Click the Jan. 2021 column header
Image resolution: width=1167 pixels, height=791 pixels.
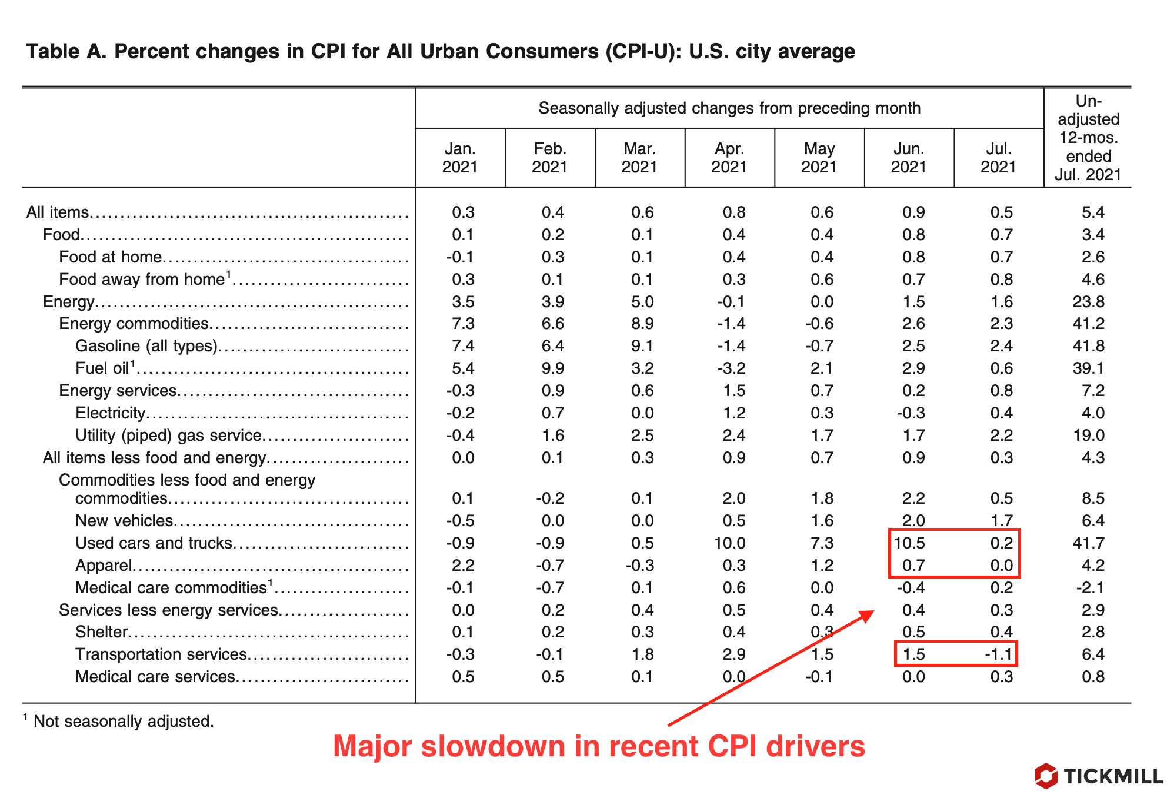(x=460, y=158)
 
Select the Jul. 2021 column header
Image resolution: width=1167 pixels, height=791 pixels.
(x=998, y=158)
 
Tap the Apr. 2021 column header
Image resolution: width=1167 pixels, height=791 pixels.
(x=729, y=158)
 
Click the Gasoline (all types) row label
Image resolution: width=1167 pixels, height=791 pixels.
(x=146, y=345)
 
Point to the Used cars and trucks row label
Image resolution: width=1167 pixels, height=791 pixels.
(x=154, y=543)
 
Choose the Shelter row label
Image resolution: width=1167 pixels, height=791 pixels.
(x=101, y=632)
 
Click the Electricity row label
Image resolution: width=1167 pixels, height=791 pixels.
(x=110, y=413)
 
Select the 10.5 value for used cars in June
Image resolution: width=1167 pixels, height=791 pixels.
(x=910, y=543)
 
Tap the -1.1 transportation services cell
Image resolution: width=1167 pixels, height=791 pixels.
(x=998, y=654)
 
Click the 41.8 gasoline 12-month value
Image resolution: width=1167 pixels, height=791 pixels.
(x=1088, y=345)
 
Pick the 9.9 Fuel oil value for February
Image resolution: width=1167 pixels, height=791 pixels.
(x=552, y=368)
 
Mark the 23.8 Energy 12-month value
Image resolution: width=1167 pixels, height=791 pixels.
(x=1088, y=301)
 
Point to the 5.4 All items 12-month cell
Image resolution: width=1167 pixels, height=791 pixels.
(x=1093, y=212)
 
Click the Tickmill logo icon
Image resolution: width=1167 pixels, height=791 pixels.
(x=1046, y=776)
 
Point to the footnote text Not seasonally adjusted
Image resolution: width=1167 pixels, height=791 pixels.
(x=124, y=721)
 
